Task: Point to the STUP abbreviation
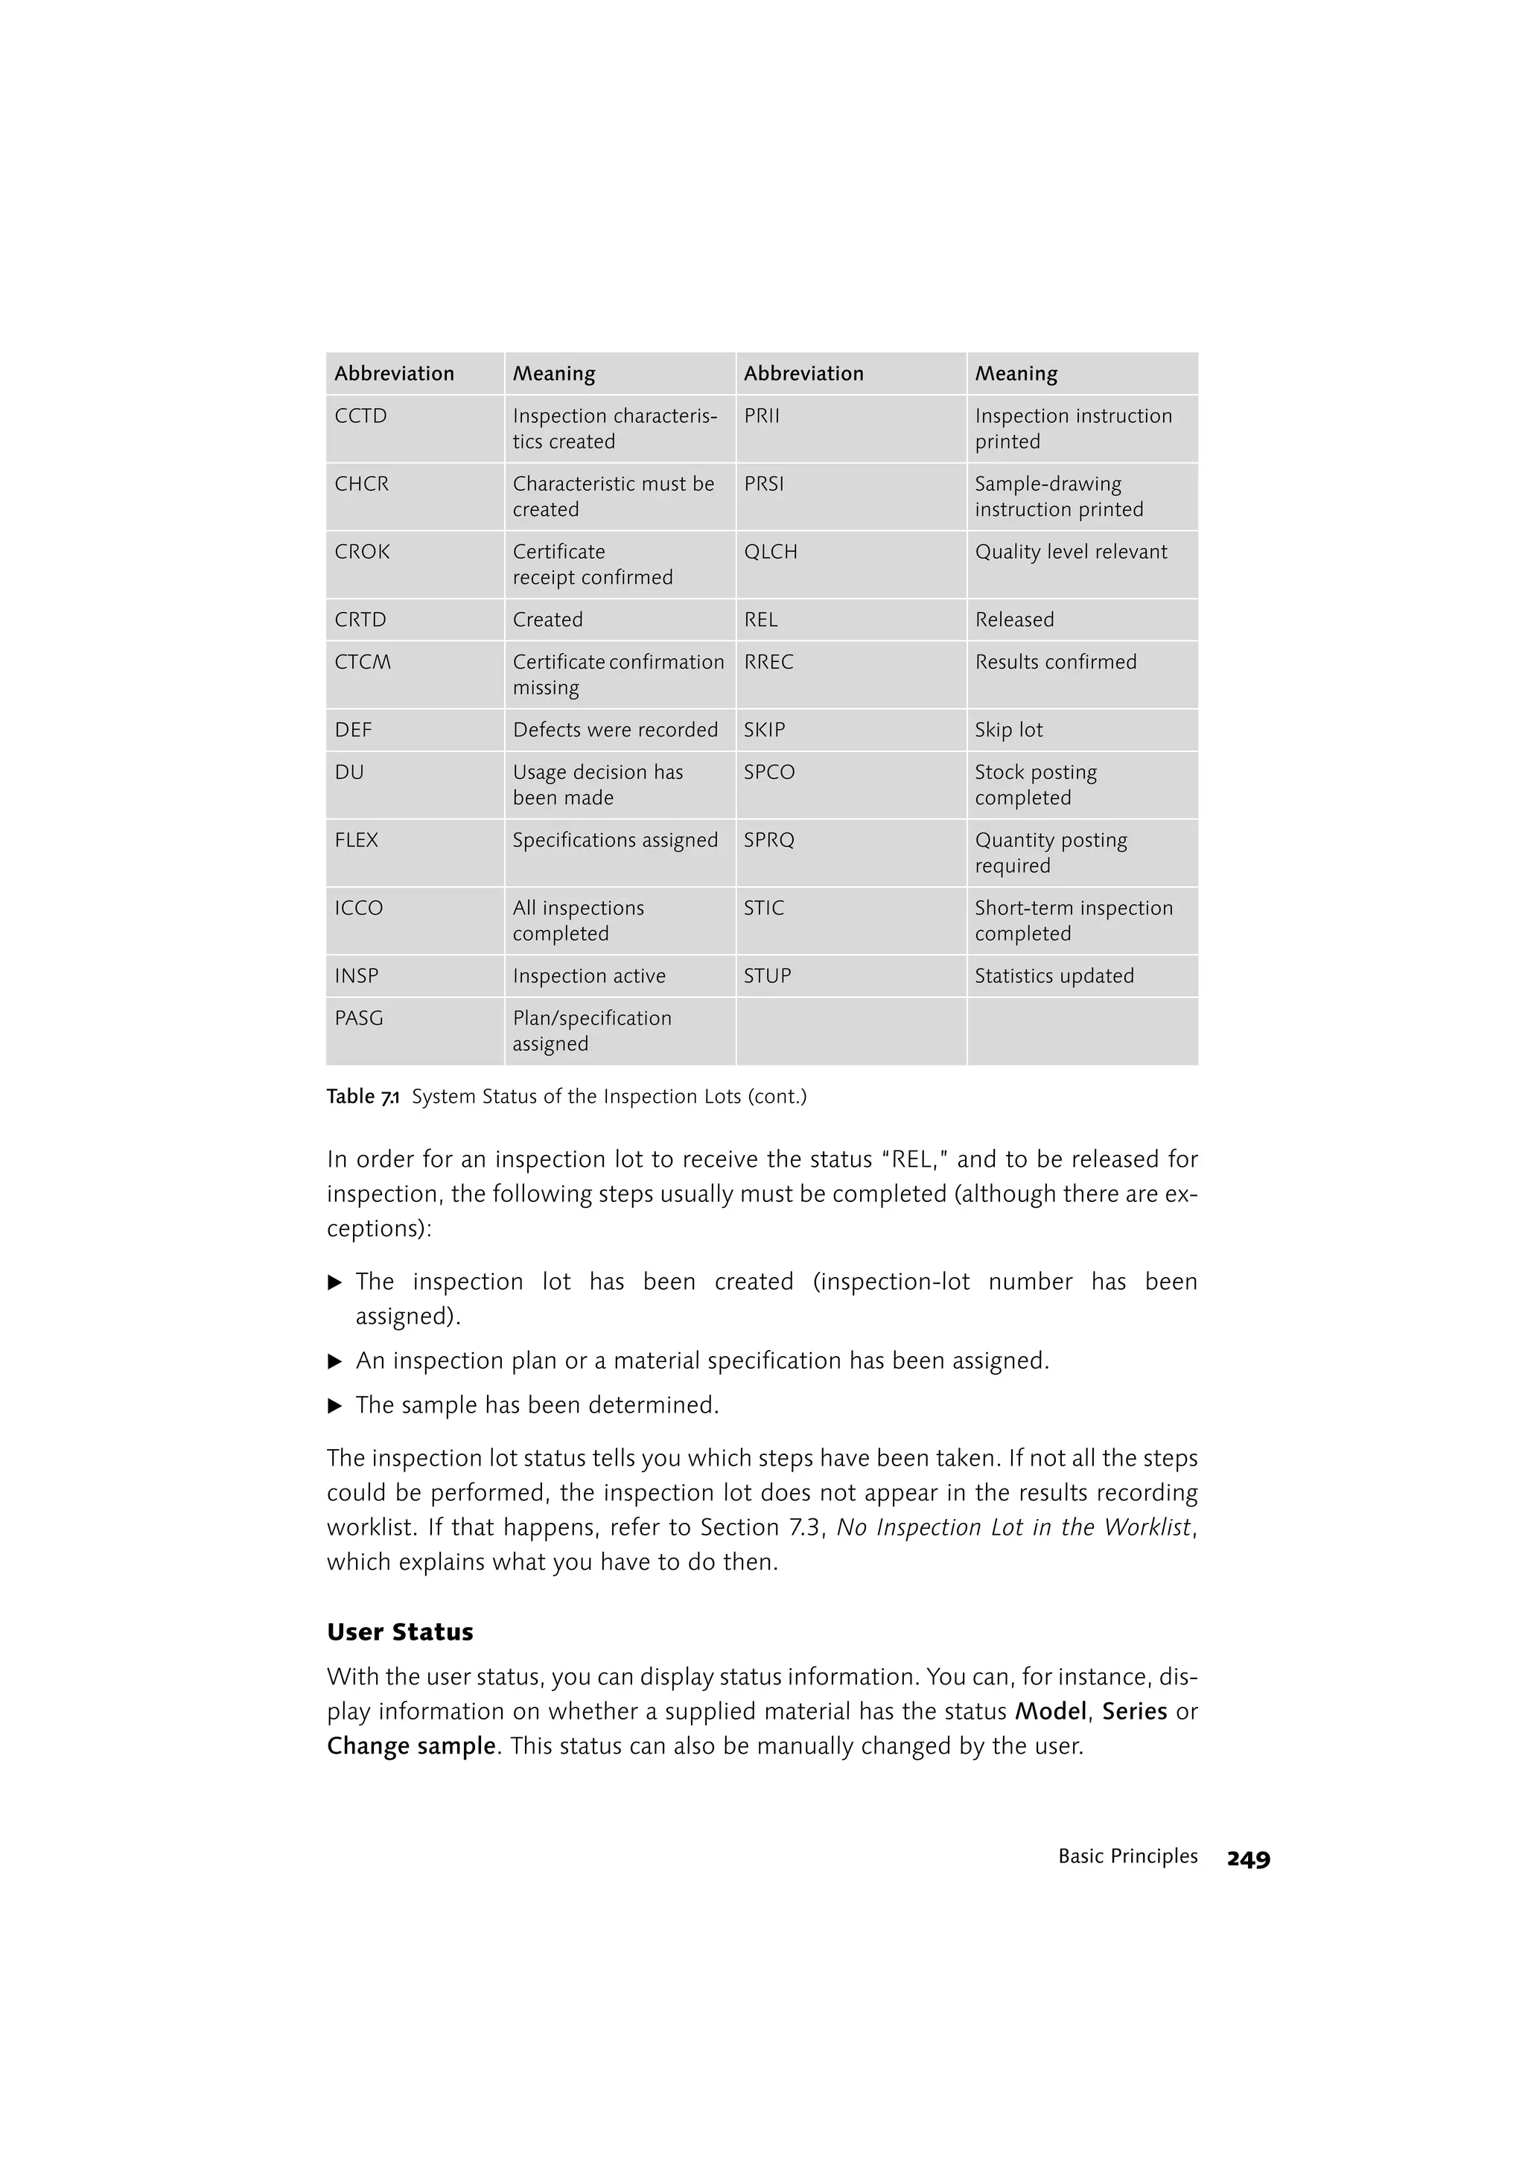(x=767, y=976)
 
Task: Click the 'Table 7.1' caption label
(x=363, y=1097)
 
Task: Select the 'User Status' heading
(x=401, y=1632)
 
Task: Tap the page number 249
(x=1248, y=1859)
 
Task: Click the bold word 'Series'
(x=1134, y=1711)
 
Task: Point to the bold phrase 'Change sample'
(x=410, y=1746)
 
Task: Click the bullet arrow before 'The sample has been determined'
(x=334, y=1406)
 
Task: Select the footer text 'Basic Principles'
(x=1127, y=1857)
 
